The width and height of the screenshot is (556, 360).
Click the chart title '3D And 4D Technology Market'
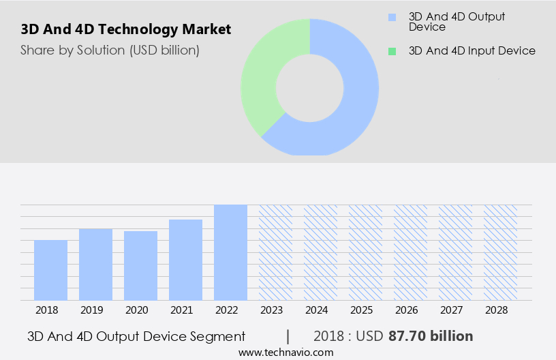[x=126, y=29]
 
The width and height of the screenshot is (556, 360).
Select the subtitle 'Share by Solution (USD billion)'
[x=110, y=50]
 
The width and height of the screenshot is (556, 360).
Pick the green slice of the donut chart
[x=262, y=75]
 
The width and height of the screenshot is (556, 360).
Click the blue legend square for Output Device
[x=391, y=17]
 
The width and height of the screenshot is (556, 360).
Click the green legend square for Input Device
[x=391, y=51]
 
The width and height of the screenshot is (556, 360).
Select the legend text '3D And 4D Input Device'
[x=472, y=51]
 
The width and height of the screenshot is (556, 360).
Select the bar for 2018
[x=50, y=270]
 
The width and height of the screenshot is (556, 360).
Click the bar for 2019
[x=95, y=265]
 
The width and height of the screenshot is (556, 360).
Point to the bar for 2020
[x=140, y=266]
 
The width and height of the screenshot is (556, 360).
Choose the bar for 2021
[x=185, y=260]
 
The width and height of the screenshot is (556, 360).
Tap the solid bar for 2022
[x=230, y=252]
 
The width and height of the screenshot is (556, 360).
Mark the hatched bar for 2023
[x=275, y=252]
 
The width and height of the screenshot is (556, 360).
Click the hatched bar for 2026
[x=410, y=252]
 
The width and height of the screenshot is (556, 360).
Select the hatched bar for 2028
[x=500, y=252]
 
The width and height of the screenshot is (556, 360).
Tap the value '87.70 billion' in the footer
[x=430, y=336]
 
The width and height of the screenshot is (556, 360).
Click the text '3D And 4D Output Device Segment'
[x=136, y=336]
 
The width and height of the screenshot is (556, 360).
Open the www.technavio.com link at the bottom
[x=285, y=352]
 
